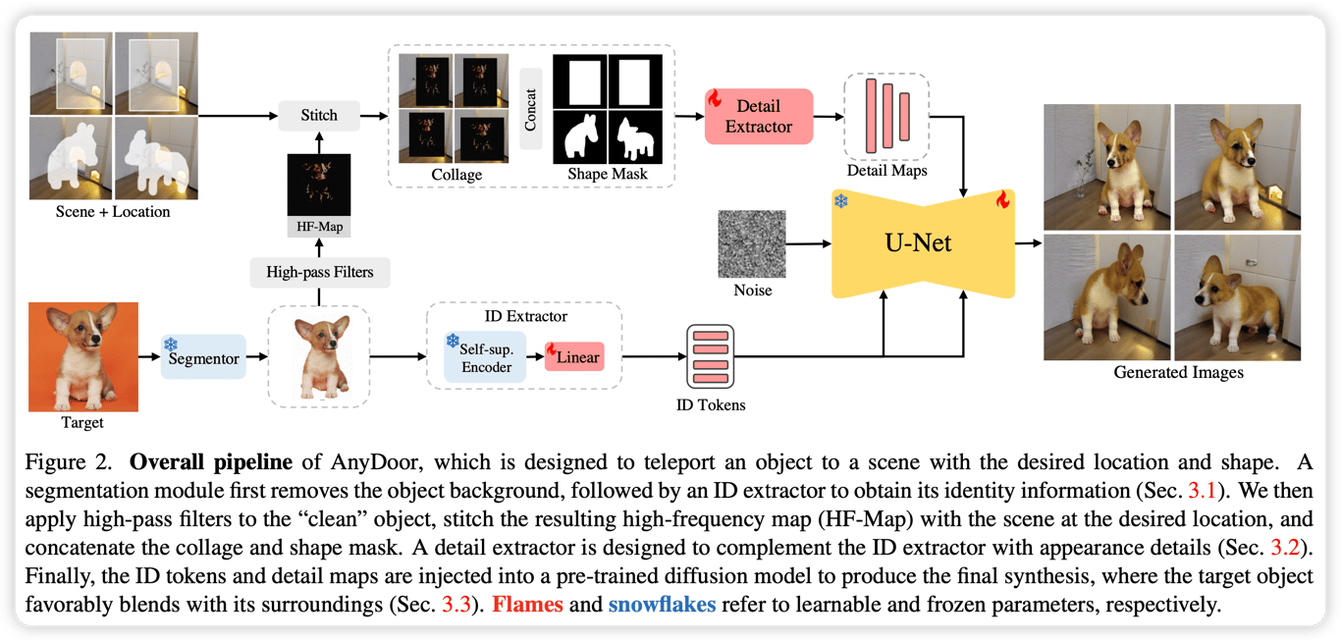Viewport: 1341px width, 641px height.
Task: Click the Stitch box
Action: click(x=319, y=116)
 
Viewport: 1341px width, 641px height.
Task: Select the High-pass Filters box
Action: click(x=319, y=272)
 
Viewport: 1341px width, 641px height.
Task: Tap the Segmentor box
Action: click(x=203, y=358)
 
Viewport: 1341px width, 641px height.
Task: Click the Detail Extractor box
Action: click(x=759, y=116)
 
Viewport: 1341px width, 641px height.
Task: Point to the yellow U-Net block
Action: click(x=919, y=242)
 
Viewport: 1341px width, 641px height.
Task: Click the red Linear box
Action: click(x=575, y=357)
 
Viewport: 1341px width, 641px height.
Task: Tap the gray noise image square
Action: click(x=752, y=243)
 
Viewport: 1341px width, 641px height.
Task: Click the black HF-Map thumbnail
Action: click(x=319, y=184)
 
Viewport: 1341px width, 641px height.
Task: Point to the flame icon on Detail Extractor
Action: click(x=715, y=100)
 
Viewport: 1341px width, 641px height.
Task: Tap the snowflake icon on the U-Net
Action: click(x=841, y=201)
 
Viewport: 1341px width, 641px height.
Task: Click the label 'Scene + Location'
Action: click(x=113, y=212)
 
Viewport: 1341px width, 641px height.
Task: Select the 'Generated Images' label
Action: click(x=1178, y=372)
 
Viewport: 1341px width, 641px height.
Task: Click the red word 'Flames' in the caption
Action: click(x=527, y=604)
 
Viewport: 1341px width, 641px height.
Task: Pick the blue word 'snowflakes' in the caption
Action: click(x=664, y=604)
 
